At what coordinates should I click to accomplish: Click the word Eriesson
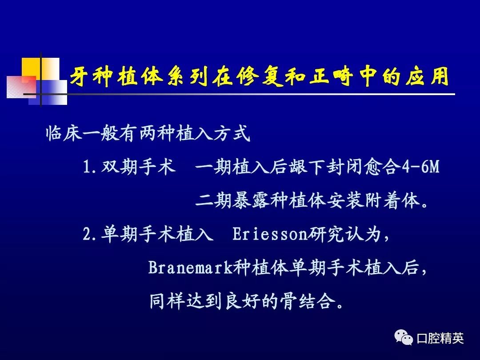point(269,235)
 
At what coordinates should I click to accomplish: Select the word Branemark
point(190,268)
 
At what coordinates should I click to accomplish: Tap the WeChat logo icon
point(403,338)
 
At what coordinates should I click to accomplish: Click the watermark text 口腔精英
point(440,338)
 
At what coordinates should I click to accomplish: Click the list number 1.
point(87,168)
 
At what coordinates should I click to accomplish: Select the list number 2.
point(87,235)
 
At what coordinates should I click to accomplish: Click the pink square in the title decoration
point(21,87)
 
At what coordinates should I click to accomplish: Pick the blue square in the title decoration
point(48,93)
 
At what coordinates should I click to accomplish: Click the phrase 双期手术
point(139,167)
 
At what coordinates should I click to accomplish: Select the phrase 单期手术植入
point(157,234)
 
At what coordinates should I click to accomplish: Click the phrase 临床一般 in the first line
point(82,133)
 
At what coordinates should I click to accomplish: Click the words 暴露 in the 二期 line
point(251,201)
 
